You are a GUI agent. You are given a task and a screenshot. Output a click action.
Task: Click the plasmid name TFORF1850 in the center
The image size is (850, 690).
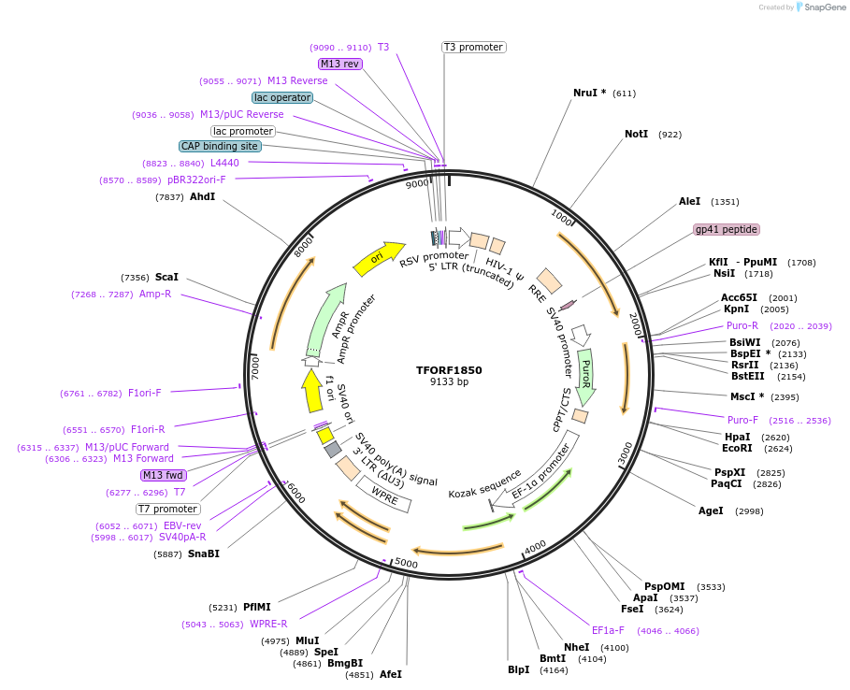pos(449,370)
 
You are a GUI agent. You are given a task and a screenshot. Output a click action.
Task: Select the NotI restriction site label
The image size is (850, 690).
pos(636,135)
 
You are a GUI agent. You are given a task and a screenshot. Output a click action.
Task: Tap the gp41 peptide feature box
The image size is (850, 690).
pos(727,229)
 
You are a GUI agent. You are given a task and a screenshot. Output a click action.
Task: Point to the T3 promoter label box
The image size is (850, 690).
pos(473,47)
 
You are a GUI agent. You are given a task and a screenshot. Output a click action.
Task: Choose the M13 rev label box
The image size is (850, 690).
pos(339,64)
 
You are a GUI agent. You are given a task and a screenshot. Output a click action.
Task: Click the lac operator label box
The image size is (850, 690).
pos(282,97)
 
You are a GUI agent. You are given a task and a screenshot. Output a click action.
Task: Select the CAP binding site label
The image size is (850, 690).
pos(220,146)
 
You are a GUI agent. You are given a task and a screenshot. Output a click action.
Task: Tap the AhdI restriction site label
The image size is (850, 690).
pos(202,197)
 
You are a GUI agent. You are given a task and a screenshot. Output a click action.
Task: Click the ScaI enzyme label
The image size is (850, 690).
pos(166,277)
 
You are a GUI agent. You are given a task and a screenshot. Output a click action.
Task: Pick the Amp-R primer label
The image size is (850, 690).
pos(155,294)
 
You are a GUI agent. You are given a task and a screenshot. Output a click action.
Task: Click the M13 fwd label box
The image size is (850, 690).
pos(163,475)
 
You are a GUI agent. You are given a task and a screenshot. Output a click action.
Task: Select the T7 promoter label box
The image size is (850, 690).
pos(168,509)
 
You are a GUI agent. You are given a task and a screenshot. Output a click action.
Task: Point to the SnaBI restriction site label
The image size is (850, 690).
pos(203,553)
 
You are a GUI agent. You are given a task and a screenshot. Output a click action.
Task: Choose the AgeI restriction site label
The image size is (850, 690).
pos(711,510)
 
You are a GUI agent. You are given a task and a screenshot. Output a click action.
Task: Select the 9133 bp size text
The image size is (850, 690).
pos(449,382)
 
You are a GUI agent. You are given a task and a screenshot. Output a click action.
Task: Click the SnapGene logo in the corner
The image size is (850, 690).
pos(820,7)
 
